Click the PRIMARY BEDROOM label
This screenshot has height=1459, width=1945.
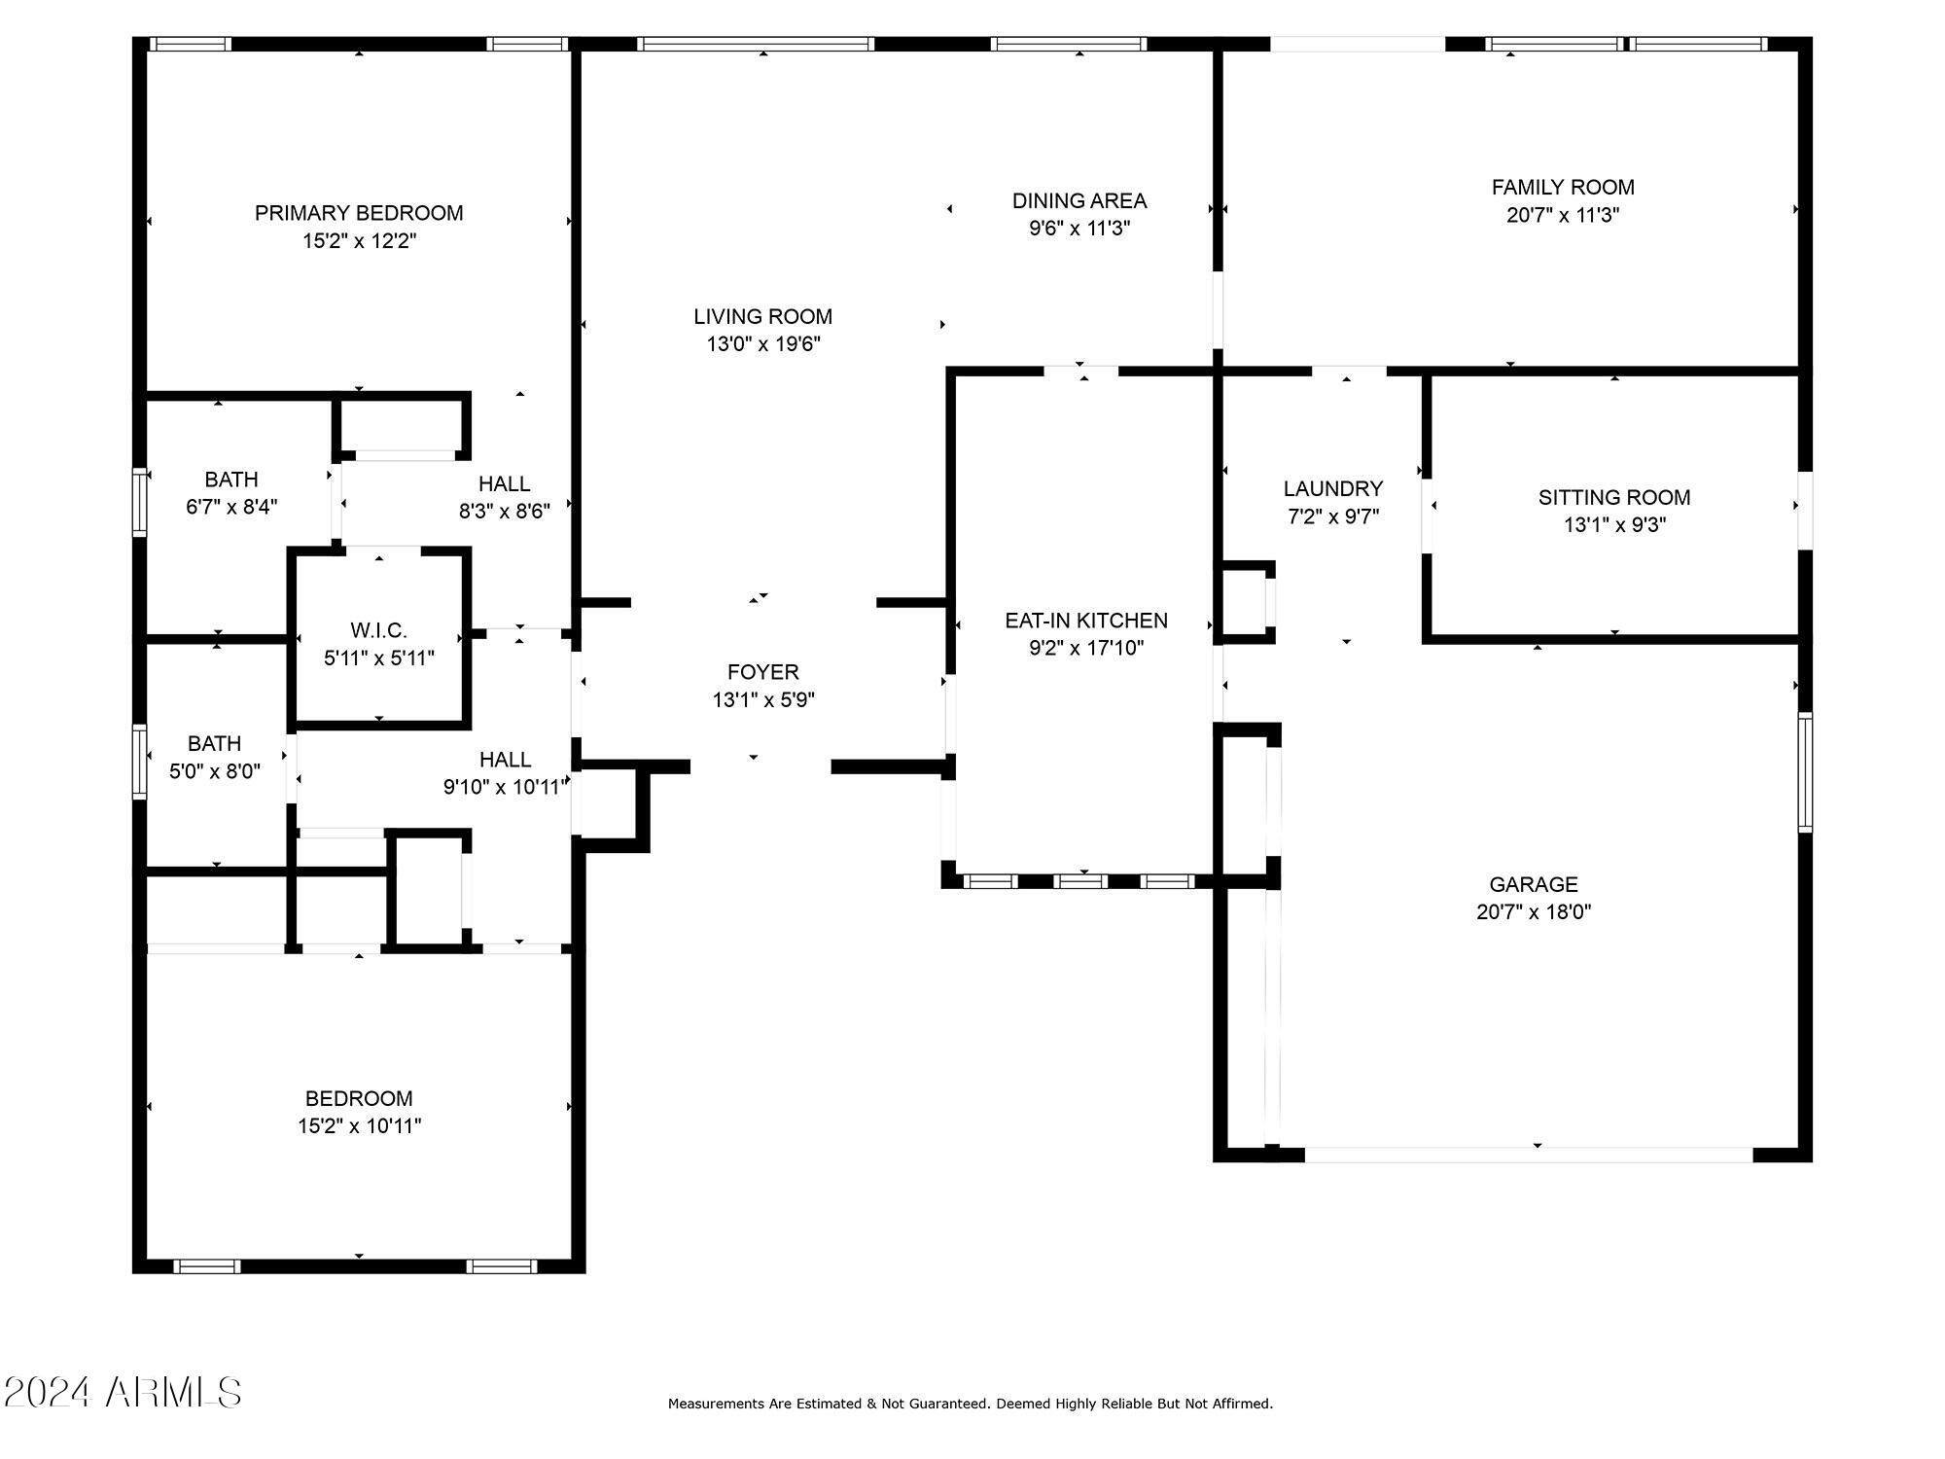click(x=359, y=213)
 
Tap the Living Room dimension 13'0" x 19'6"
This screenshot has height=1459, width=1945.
click(x=763, y=344)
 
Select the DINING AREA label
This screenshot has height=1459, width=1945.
click(x=1079, y=201)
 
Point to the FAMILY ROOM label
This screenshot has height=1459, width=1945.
click(x=1563, y=188)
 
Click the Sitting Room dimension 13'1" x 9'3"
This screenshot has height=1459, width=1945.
click(x=1614, y=525)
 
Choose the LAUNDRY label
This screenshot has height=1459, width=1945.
click(x=1332, y=489)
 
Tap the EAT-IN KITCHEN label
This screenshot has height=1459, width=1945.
click(x=1086, y=621)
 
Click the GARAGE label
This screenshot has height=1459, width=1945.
click(x=1534, y=885)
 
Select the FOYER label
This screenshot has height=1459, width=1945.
click(x=763, y=672)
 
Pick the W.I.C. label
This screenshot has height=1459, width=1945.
click(x=379, y=630)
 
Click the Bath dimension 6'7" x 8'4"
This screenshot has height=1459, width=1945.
click(x=231, y=508)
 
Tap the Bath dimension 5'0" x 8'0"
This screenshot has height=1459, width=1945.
click(x=215, y=772)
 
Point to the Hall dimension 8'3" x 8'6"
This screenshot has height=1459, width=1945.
click(x=505, y=512)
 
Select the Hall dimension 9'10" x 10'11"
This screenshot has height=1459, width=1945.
click(x=505, y=788)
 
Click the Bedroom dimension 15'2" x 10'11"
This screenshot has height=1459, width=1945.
click(x=359, y=1126)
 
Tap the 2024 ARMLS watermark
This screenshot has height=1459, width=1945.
click(x=122, y=1393)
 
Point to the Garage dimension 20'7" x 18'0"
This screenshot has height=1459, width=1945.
click(x=1534, y=912)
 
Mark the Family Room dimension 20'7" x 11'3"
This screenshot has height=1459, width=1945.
click(x=1563, y=216)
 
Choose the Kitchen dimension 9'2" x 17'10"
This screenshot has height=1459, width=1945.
click(x=1086, y=649)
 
